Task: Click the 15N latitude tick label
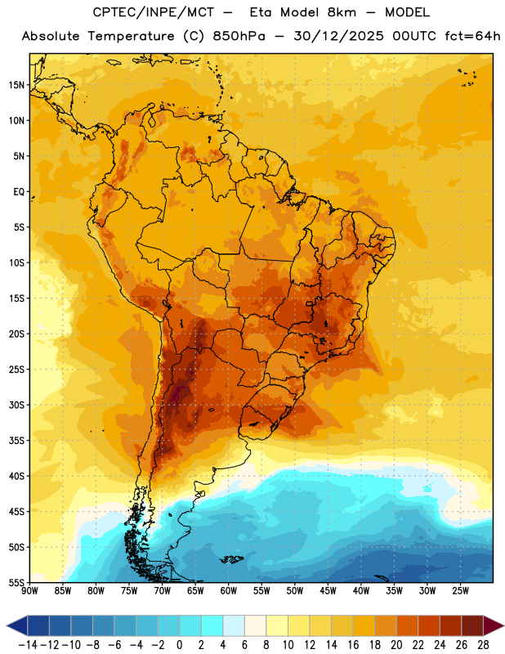[x=16, y=85]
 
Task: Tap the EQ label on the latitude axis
[x=19, y=192]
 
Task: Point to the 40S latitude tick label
[x=16, y=476]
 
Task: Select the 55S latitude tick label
[x=16, y=582]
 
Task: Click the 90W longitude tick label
[x=29, y=591]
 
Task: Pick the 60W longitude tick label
[x=229, y=591]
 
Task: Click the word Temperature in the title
[x=131, y=36]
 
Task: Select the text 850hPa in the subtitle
[x=239, y=36]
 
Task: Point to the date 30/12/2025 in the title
[x=338, y=36]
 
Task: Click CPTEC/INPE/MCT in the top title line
[x=154, y=12]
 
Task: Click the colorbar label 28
[x=483, y=645]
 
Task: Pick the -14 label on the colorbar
[x=28, y=645]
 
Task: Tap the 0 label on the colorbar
[x=179, y=645]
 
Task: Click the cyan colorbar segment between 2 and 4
[x=212, y=625]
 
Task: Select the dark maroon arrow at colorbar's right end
[x=494, y=625]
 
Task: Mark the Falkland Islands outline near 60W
[x=231, y=559]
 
